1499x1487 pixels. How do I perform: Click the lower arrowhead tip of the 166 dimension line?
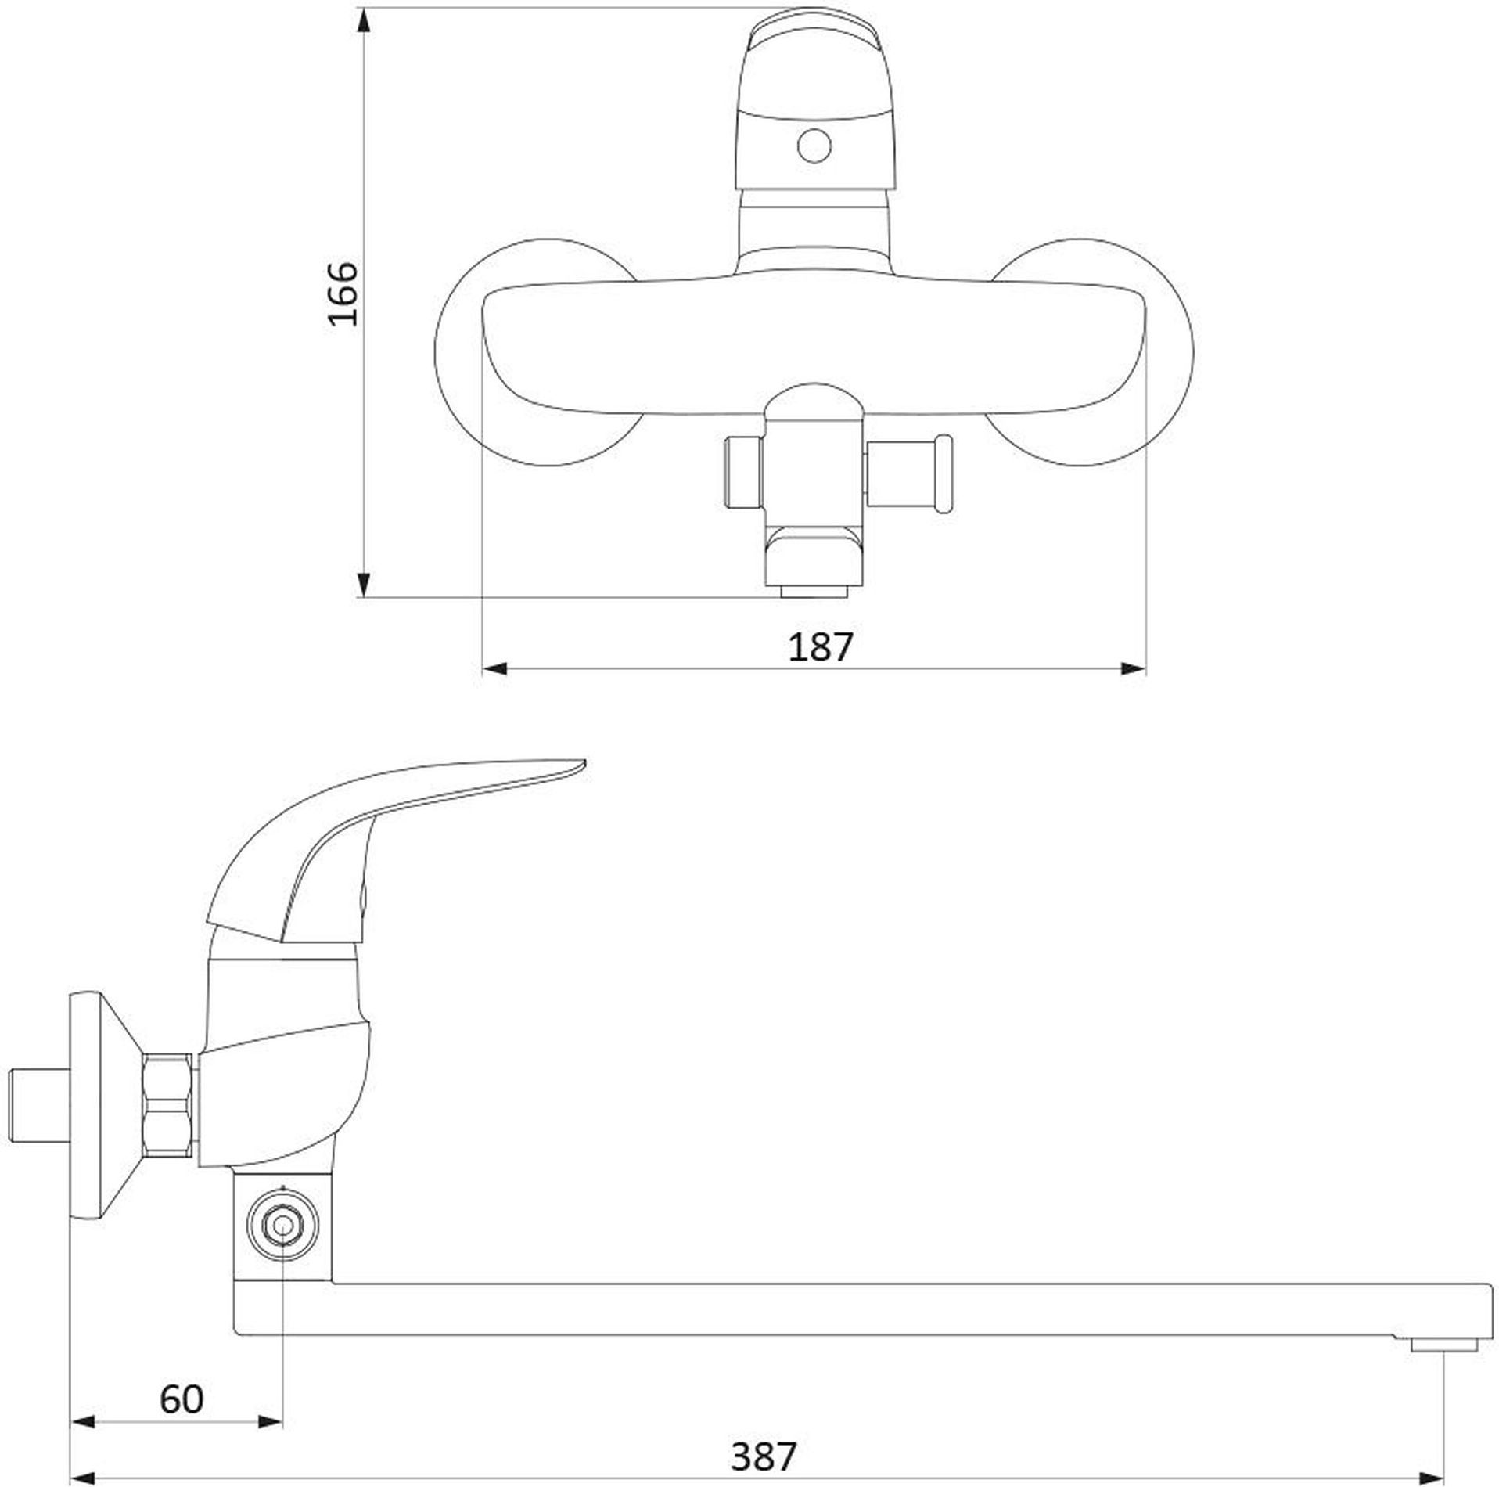point(364,597)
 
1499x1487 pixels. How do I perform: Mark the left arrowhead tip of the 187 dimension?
point(482,668)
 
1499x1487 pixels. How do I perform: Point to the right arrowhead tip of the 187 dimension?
point(1146,668)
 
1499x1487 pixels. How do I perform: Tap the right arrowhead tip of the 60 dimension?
point(282,1399)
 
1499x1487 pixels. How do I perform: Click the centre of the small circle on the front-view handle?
point(814,146)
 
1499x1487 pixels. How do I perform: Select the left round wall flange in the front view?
point(536,352)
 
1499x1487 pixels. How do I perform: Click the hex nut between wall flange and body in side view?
point(168,1104)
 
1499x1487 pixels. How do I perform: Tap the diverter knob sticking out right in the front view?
point(910,473)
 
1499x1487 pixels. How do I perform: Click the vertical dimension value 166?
point(343,293)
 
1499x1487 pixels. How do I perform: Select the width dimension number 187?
point(819,647)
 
